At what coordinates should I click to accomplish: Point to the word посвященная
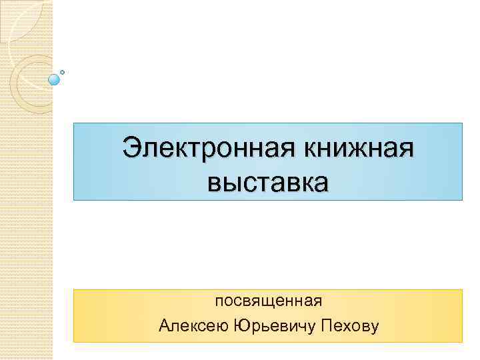point(268,301)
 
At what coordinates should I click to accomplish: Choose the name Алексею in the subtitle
point(193,326)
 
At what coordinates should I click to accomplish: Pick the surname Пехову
point(349,326)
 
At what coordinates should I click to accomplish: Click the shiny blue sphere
point(54,79)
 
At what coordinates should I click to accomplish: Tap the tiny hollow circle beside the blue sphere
point(62,72)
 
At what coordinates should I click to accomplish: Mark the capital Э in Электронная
point(132,147)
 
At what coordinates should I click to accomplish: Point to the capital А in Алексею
point(165,326)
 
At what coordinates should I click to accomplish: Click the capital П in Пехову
point(327,326)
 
